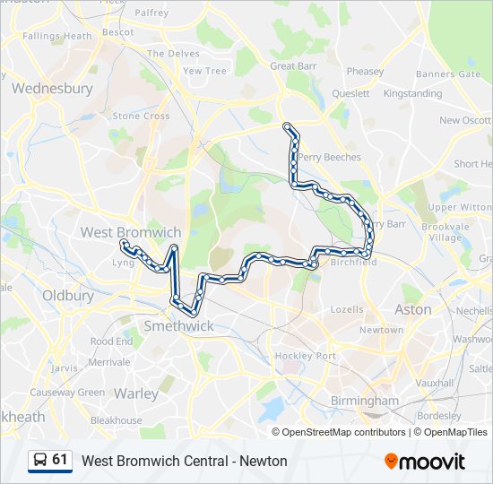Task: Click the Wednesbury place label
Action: [x=52, y=89]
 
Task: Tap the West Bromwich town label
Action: [x=131, y=232]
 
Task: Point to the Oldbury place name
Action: [x=68, y=295]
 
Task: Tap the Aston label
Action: [x=413, y=309]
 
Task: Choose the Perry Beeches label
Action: [x=330, y=157]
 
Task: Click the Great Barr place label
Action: [x=295, y=66]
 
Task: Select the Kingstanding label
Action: [x=412, y=93]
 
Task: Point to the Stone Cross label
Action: [x=141, y=116]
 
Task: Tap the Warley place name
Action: [x=136, y=393]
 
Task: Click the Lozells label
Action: [x=347, y=309]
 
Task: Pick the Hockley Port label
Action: [x=305, y=356]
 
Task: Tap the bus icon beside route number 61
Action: [x=40, y=460]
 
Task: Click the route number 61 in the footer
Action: [x=60, y=460]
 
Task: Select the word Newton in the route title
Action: [x=265, y=461]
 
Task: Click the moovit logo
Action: [x=425, y=462]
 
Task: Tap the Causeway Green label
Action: [x=67, y=393]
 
